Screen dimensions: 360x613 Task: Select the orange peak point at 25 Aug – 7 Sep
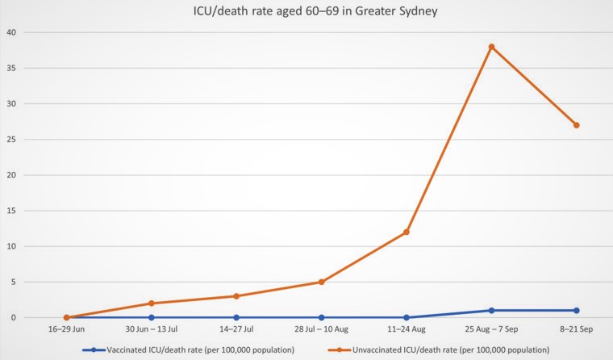[491, 47]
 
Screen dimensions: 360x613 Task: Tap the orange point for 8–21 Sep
[576, 125]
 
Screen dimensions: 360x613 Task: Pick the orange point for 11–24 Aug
[407, 232]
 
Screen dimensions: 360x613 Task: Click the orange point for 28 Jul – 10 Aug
[321, 282]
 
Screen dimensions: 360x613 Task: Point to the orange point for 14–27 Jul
[236, 296]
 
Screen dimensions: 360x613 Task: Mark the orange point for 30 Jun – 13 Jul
[152, 303]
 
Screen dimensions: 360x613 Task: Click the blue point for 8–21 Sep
[576, 311]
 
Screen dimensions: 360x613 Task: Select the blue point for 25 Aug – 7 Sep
[491, 311]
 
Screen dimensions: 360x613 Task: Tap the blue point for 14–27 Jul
[236, 317]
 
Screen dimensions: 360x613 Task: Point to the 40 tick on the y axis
[12, 32]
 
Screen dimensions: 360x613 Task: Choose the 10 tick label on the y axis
[12, 246]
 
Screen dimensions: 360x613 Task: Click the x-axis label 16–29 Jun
[67, 331]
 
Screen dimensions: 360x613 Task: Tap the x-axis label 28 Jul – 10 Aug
[321, 331]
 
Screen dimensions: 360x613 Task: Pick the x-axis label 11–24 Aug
[407, 331]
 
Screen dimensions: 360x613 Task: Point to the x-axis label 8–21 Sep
[576, 331]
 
